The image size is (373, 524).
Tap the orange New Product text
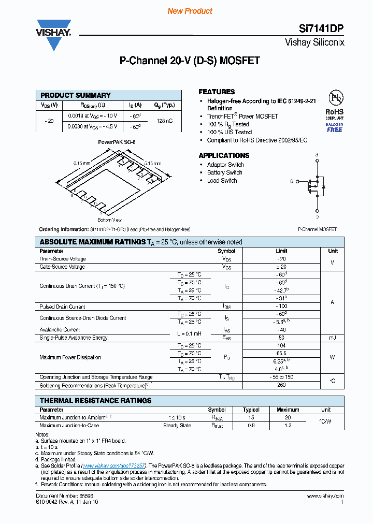point(190,11)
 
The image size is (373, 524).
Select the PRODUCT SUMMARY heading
point(76,95)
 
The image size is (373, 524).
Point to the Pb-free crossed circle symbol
point(334,98)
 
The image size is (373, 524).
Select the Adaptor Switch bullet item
point(225,165)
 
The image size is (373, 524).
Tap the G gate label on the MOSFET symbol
point(292,181)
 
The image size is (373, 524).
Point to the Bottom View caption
point(109,220)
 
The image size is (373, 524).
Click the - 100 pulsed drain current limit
point(282,307)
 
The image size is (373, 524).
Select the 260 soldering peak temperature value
point(282,385)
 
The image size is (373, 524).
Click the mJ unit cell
point(333,338)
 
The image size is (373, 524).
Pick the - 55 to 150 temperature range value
point(282,377)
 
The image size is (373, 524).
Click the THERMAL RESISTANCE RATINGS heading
point(95,401)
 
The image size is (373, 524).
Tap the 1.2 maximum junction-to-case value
point(288,426)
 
